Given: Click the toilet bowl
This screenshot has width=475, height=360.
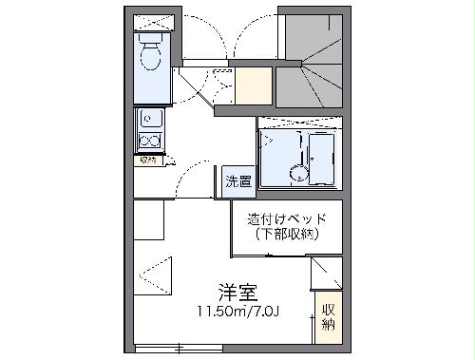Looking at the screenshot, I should click(x=150, y=58).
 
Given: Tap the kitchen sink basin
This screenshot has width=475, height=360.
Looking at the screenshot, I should click(x=149, y=120).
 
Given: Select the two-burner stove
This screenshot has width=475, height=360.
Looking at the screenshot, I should click(x=149, y=142).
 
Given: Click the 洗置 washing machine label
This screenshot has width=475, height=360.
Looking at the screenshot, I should click(x=238, y=181).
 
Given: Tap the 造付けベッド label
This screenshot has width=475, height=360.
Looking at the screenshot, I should click(x=287, y=218).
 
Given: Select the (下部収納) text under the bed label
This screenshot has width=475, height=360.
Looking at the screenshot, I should click(x=287, y=235).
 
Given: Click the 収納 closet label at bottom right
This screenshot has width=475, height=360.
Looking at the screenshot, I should click(x=328, y=317).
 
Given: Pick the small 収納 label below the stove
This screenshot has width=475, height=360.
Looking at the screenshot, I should click(x=147, y=160).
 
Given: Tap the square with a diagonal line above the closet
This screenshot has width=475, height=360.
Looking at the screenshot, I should click(x=326, y=273).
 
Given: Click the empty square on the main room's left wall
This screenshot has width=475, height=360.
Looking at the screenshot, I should click(x=149, y=222).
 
